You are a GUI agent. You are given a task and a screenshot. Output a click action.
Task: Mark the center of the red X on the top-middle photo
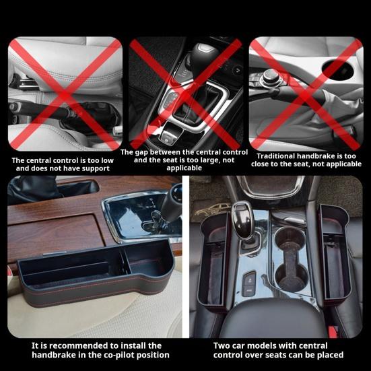(185, 92)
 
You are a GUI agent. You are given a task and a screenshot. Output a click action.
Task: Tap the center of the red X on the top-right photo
(306, 93)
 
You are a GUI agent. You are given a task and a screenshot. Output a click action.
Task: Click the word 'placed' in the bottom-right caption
(328, 355)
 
